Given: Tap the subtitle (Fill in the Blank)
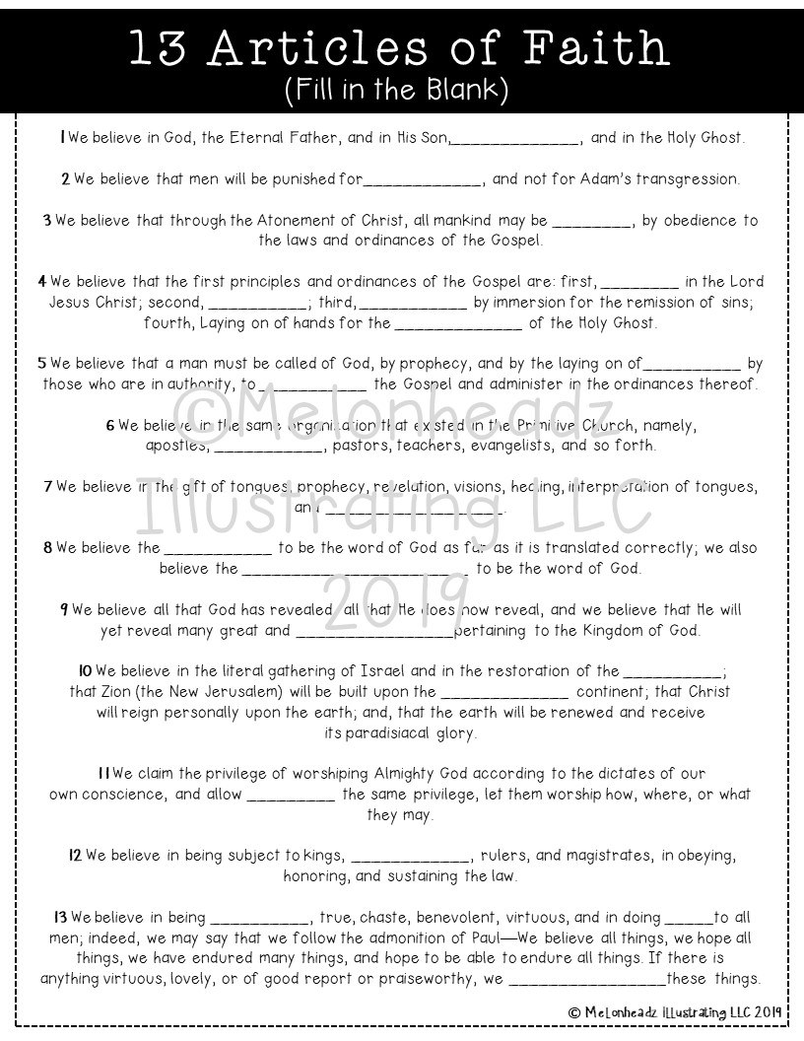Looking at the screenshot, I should (402, 92).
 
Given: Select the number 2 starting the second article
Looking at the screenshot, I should (65, 179).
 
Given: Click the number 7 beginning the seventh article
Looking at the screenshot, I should (48, 487).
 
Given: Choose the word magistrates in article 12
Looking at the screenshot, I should (609, 855).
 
